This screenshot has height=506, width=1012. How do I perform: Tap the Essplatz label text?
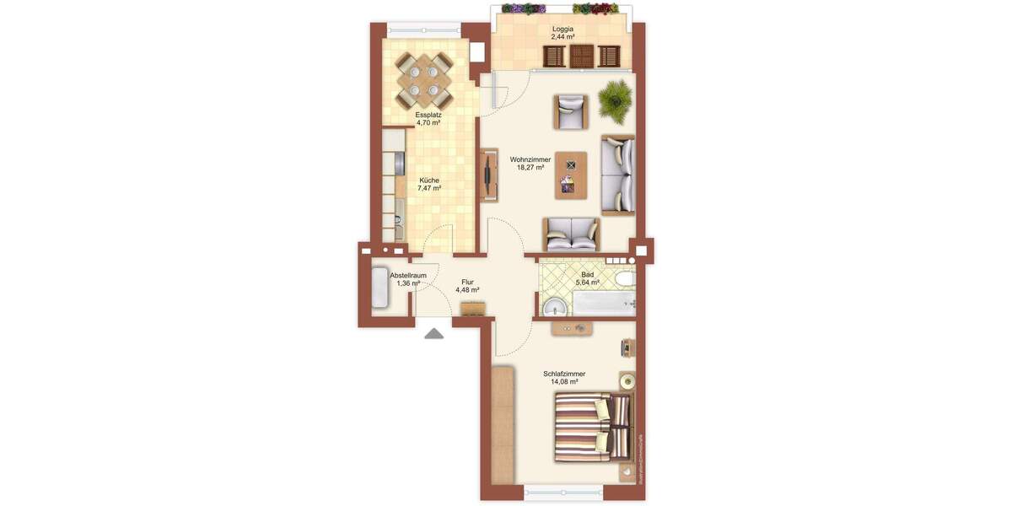(x=428, y=115)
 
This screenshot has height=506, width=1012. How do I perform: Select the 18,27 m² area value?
(x=530, y=168)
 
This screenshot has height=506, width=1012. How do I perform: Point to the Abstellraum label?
(x=408, y=275)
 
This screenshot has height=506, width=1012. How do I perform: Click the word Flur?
(x=467, y=283)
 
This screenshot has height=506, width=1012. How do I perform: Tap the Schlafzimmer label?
(x=564, y=374)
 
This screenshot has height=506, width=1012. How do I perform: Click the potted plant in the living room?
(x=615, y=100)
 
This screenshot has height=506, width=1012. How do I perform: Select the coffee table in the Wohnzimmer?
(x=571, y=175)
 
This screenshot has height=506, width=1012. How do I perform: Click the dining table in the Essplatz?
(x=423, y=77)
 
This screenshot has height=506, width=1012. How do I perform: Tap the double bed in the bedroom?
(x=592, y=428)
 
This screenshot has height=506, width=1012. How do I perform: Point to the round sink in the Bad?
(x=553, y=306)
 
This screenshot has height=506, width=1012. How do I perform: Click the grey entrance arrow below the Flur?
(x=433, y=333)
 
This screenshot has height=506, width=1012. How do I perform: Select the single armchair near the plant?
(x=570, y=111)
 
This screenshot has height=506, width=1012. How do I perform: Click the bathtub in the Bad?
(x=600, y=304)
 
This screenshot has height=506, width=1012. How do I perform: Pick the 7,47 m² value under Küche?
(x=429, y=189)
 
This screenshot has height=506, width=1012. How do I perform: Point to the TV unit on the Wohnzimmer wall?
(x=488, y=175)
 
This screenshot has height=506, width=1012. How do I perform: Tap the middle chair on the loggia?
(x=581, y=57)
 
